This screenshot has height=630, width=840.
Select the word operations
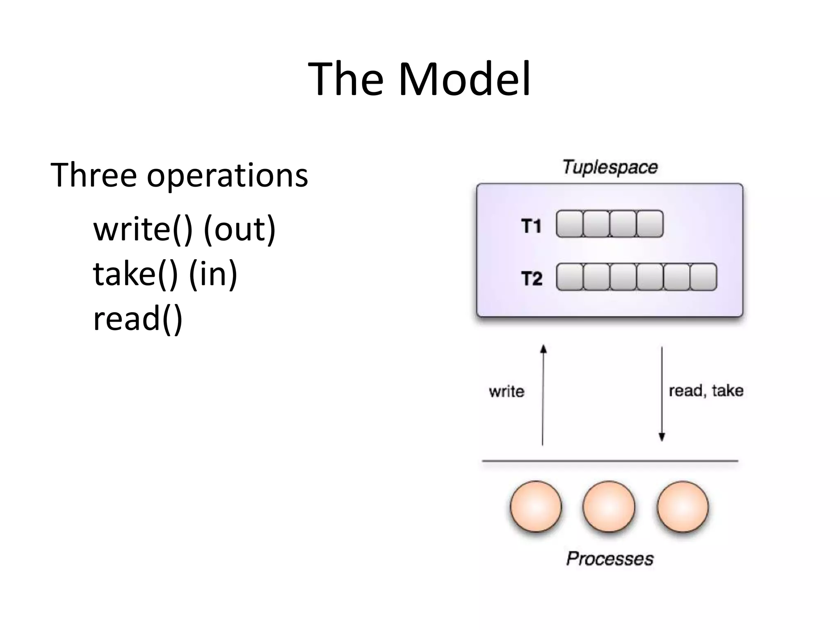(227, 176)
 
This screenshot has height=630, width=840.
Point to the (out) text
(240, 230)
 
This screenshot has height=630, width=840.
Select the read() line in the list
(138, 319)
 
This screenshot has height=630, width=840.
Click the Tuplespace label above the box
(610, 167)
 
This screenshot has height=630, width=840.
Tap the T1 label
(532, 226)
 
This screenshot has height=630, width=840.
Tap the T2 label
(532, 278)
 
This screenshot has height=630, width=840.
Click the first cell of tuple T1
(569, 224)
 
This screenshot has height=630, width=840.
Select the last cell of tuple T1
(650, 224)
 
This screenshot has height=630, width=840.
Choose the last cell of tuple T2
(703, 277)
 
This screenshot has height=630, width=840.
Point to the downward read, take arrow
(662, 394)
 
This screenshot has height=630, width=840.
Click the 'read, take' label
(706, 390)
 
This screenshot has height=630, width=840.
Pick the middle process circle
(609, 507)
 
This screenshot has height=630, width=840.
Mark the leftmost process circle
(536, 507)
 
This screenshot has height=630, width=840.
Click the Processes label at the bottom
(610, 559)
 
